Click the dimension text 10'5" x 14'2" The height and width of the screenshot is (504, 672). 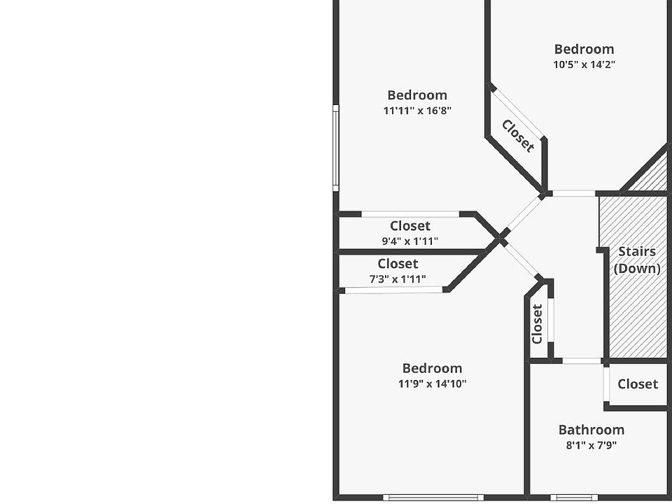584,64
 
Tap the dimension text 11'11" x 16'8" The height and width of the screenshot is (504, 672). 417,111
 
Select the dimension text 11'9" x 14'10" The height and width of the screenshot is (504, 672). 432,384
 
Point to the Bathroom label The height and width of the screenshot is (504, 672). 591,430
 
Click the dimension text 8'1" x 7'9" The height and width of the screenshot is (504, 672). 591,445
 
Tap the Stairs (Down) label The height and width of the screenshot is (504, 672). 637,260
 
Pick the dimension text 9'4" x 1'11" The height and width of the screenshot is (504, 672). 410,241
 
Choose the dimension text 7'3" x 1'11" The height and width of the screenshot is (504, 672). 398,279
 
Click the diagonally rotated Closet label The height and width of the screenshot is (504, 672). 518,136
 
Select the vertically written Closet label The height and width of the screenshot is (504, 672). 537,323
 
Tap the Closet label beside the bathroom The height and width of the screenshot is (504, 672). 638,384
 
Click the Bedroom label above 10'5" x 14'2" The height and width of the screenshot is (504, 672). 584,49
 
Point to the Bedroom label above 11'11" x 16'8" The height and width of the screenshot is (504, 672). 417,95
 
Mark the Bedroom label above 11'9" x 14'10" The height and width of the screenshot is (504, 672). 432,368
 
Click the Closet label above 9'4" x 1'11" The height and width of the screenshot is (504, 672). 410,226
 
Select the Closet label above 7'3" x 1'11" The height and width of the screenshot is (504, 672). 398,264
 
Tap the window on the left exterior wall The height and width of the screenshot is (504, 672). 336,148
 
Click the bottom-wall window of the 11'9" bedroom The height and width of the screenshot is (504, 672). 433,498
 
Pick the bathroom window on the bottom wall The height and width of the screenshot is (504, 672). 573,498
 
